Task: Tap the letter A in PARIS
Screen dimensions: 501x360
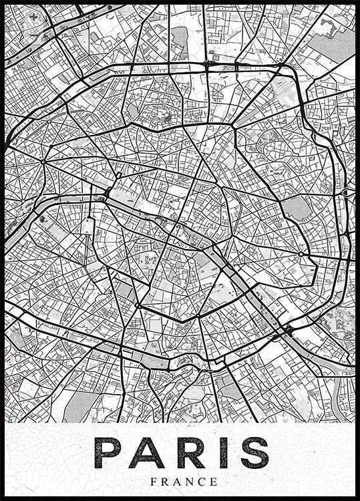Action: [x=147, y=453]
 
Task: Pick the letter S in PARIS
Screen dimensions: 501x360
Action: [x=254, y=453]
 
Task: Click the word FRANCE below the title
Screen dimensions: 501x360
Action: [x=184, y=481]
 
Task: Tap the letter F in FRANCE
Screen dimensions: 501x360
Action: [x=154, y=481]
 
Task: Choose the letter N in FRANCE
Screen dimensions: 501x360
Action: [x=189, y=481]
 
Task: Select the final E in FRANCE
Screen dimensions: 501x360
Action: [x=214, y=481]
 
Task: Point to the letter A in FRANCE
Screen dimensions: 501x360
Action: [x=177, y=481]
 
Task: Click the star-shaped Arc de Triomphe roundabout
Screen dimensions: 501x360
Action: [x=43, y=161]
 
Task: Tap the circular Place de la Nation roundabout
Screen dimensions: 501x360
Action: [x=301, y=254]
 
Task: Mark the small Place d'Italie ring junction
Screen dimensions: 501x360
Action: [x=198, y=315]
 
